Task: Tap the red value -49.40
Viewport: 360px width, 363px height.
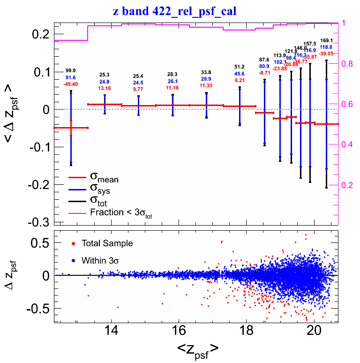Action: pos(71,84)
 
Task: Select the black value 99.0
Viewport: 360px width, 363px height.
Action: pos(71,70)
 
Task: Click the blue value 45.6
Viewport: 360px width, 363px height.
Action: pos(240,74)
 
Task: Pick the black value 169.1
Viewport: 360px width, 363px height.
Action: pos(326,40)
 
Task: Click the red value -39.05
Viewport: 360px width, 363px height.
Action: pos(326,54)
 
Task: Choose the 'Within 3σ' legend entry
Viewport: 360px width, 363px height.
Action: pos(100,260)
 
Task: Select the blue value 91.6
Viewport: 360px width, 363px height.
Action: pos(71,77)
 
